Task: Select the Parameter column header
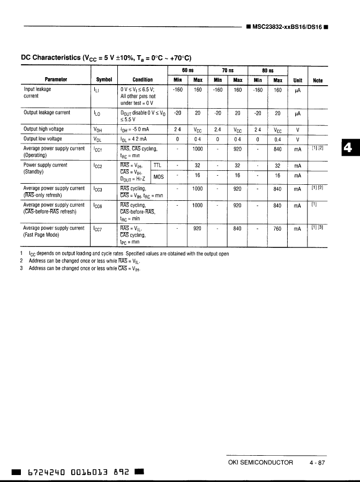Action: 56,80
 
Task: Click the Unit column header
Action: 298,80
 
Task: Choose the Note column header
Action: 318,80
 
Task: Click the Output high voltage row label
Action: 44,129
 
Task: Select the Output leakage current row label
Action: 47,113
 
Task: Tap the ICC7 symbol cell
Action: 98,229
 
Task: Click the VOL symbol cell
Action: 98,139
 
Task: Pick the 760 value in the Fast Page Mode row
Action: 277,228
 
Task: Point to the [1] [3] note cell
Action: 317,228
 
